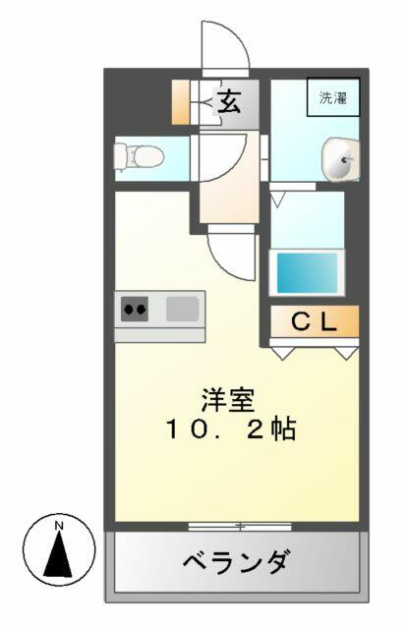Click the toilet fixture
(139, 157)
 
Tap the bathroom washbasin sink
(341, 159)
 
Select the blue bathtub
(307, 273)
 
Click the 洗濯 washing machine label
(333, 97)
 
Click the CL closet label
(314, 321)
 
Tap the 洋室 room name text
(228, 400)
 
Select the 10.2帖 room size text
(231, 429)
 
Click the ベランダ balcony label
(236, 561)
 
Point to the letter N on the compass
(59, 525)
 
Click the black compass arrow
(58, 554)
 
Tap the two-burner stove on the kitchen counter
(135, 309)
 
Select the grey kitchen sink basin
(183, 309)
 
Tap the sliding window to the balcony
(240, 526)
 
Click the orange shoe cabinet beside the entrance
(181, 102)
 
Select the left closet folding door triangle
(283, 352)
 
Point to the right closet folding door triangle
(347, 352)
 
